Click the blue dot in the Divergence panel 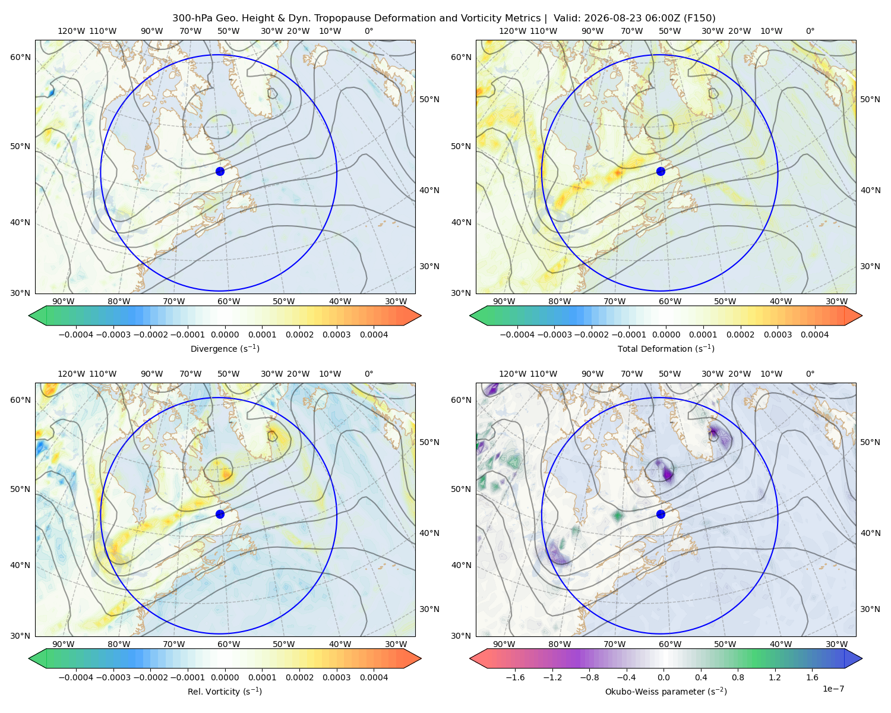[220, 172]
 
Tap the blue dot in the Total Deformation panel [661, 172]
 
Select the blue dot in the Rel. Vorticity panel [220, 514]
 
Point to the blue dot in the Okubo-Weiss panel [661, 514]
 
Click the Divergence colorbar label [225, 349]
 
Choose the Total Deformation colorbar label [666, 349]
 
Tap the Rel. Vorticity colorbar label [225, 692]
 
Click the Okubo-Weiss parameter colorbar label [666, 692]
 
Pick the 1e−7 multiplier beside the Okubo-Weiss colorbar [833, 689]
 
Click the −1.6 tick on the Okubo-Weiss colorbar [515, 677]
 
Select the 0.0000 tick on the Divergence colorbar [225, 335]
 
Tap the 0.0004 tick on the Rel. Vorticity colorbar [374, 677]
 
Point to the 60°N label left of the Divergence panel [20, 57]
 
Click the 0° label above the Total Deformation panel [810, 31]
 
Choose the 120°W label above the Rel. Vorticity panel [71, 374]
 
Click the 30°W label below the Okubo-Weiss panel [837, 644]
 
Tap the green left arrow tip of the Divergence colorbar [30, 316]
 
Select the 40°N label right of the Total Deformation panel [870, 190]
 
